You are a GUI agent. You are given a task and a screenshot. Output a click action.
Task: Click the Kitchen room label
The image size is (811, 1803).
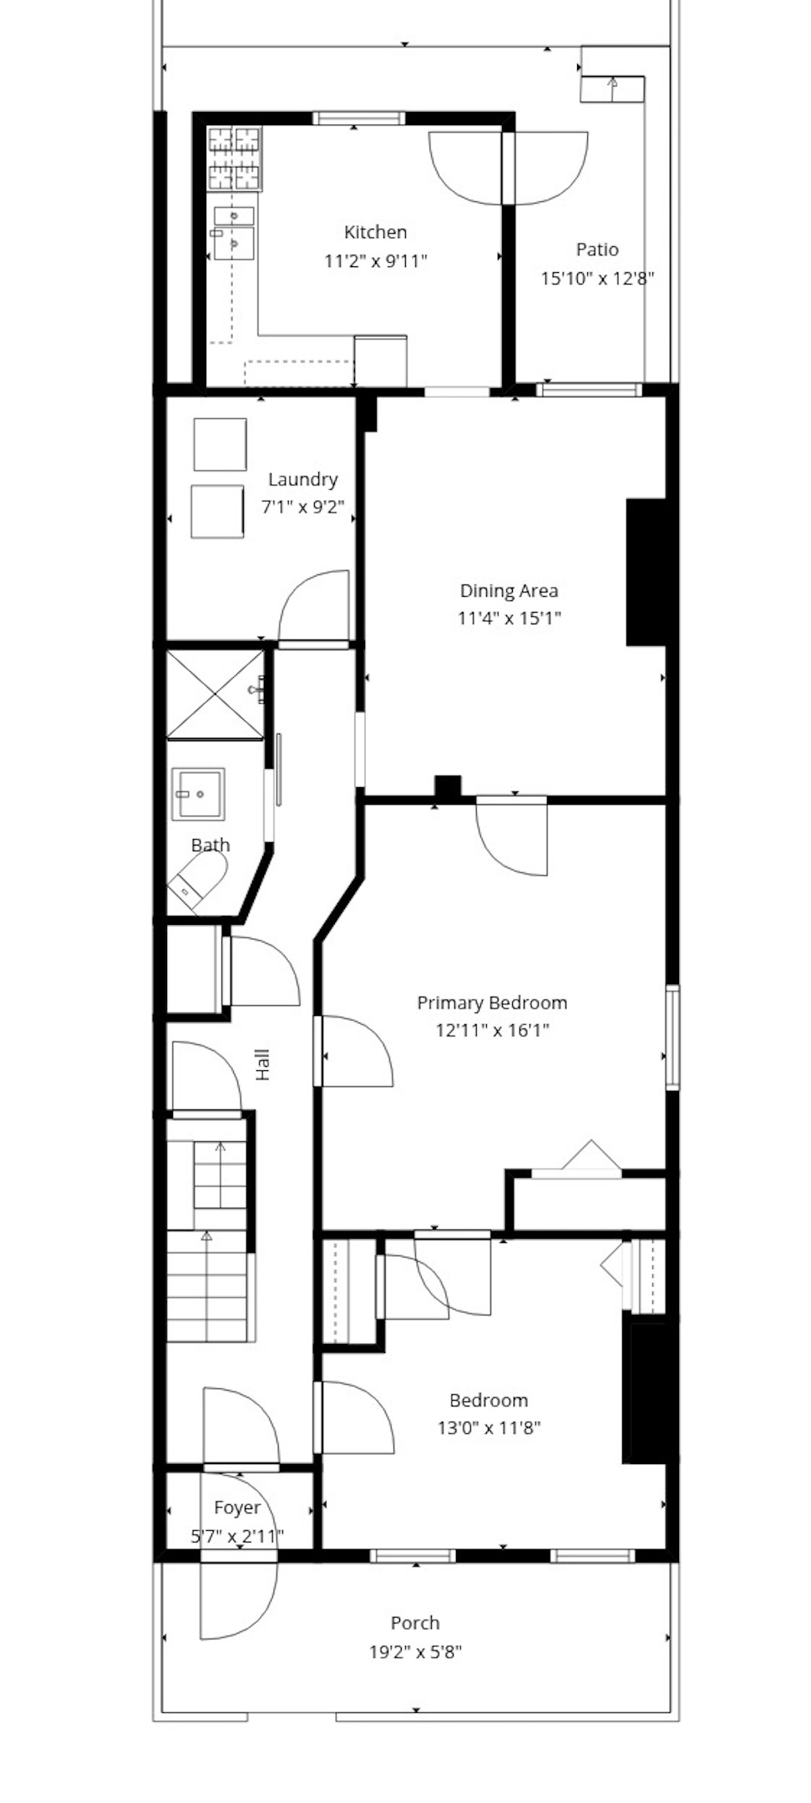pyautogui.click(x=375, y=232)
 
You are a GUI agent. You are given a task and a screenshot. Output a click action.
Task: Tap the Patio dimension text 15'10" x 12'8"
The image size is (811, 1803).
pyautogui.click(x=596, y=278)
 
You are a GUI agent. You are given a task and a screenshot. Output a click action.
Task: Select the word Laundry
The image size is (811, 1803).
pyautogui.click(x=302, y=479)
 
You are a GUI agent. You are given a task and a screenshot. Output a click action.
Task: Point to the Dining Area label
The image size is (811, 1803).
pyautogui.click(x=509, y=591)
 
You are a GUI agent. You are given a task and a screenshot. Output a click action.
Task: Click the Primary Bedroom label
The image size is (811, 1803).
pyautogui.click(x=492, y=1003)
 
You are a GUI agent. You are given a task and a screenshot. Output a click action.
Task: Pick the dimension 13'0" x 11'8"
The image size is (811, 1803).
pyautogui.click(x=489, y=1427)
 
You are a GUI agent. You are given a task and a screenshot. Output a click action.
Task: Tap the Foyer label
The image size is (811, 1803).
pyautogui.click(x=237, y=1508)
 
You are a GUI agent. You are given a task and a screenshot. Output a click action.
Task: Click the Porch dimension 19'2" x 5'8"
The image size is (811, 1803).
pyautogui.click(x=415, y=1651)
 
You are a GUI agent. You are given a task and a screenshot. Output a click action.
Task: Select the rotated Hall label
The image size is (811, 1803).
pyautogui.click(x=263, y=1065)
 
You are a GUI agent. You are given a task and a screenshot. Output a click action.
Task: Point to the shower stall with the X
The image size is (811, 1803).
pyautogui.click(x=215, y=694)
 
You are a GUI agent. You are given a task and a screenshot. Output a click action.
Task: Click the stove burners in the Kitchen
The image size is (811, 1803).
pyautogui.click(x=234, y=158)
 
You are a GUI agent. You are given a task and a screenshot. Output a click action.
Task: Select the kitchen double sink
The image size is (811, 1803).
pyautogui.click(x=234, y=231)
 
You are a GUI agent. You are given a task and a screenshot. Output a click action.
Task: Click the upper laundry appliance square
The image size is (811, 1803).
pyautogui.click(x=220, y=445)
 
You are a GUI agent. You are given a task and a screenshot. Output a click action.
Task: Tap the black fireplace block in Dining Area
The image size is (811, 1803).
pyautogui.click(x=646, y=572)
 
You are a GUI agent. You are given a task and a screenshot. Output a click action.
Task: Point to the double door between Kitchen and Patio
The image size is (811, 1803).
pyautogui.click(x=508, y=167)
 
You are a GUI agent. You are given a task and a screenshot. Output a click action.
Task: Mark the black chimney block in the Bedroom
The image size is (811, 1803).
pyautogui.click(x=647, y=1392)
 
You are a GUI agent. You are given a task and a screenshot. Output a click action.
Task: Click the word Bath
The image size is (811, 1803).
pyautogui.click(x=210, y=845)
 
